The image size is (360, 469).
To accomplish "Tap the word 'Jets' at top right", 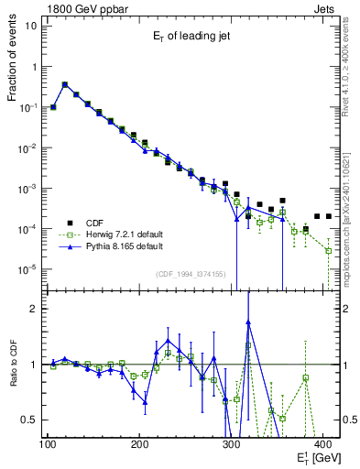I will (325, 7).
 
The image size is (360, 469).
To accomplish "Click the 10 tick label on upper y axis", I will (31, 26).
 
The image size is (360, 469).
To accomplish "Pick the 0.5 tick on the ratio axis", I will (29, 420).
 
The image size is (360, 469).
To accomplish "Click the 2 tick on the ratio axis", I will (33, 309).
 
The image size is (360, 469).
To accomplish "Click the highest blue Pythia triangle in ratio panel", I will (248, 322).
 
